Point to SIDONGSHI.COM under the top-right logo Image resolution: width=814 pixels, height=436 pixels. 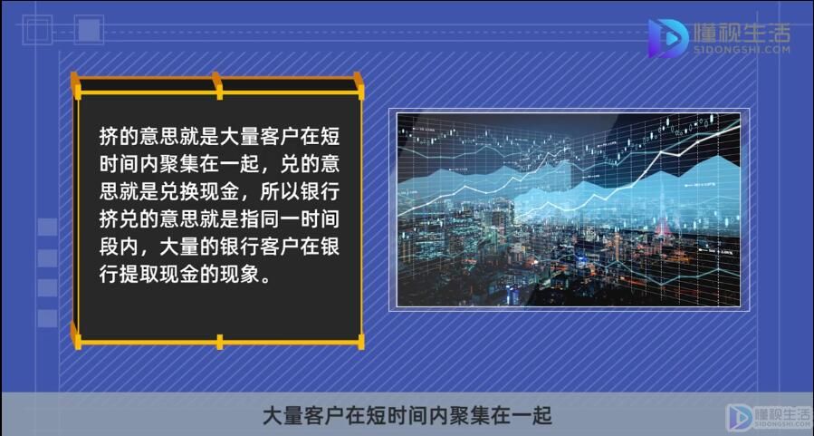click(742, 50)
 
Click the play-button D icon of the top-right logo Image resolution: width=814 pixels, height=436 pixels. click(667, 37)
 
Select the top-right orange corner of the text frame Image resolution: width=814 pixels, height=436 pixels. click(359, 85)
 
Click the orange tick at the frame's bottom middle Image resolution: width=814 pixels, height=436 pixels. click(220, 342)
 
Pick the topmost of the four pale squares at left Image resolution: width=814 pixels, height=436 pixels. click(47, 227)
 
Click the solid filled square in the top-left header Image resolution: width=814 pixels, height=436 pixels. click(89, 30)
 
